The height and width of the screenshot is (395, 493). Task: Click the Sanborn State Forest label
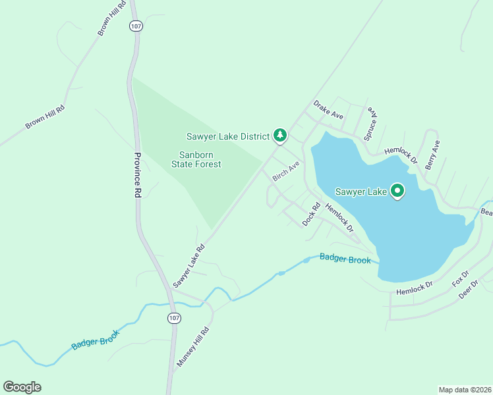tap(196, 160)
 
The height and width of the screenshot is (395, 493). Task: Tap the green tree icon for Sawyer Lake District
tap(280, 136)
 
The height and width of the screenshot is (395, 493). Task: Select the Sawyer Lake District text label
tap(227, 136)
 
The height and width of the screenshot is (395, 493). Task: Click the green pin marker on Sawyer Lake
tap(397, 191)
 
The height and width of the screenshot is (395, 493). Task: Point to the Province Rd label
tap(138, 175)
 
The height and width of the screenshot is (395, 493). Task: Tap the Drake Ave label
tap(328, 109)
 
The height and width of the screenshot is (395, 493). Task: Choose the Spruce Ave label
tap(371, 122)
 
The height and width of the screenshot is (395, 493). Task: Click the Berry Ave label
tap(432, 155)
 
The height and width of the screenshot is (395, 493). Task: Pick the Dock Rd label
tap(310, 215)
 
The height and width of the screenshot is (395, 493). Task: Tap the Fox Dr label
tap(460, 279)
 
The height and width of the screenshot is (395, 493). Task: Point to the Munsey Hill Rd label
tap(192, 347)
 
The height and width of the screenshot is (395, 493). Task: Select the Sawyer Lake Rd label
tap(189, 266)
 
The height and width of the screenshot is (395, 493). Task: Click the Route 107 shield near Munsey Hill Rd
tap(173, 318)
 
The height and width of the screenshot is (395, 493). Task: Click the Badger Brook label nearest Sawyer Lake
tap(345, 259)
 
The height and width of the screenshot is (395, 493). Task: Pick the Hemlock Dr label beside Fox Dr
tap(414, 287)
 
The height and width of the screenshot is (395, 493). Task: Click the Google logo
tap(22, 387)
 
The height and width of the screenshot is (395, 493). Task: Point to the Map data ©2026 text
tap(465, 389)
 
